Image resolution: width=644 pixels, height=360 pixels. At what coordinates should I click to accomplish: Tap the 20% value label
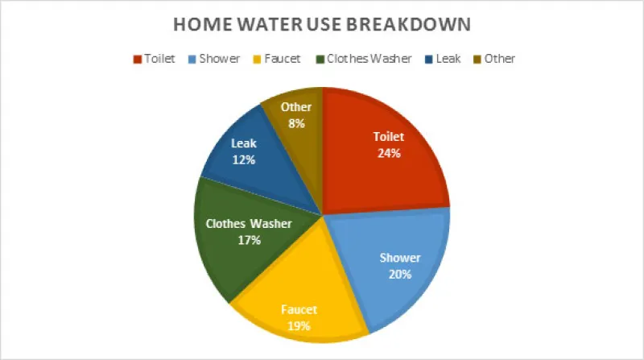pyautogui.click(x=400, y=274)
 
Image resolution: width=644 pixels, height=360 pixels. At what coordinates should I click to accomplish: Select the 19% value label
pyautogui.click(x=299, y=325)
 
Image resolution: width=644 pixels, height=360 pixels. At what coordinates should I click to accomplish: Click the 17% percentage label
pyautogui.click(x=248, y=240)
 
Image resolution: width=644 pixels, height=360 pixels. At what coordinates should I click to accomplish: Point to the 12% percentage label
pyautogui.click(x=243, y=159)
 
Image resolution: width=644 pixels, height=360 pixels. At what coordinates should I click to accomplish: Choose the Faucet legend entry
pyautogui.click(x=277, y=59)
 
